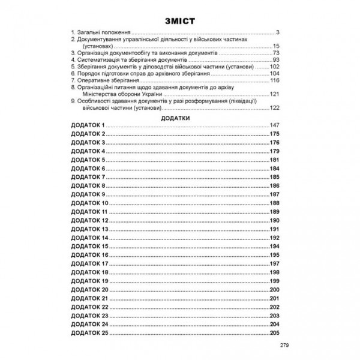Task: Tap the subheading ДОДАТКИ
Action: [179, 119]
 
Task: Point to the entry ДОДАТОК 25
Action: [89, 332]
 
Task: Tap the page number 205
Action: [275, 332]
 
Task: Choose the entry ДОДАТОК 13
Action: [89, 229]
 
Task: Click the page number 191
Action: [275, 229]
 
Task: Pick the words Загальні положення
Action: [106, 31]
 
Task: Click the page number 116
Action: [275, 80]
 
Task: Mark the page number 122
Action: [275, 107]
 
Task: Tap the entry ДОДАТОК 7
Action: [88, 178]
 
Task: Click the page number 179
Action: [275, 152]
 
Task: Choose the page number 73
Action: [277, 52]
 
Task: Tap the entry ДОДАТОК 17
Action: [89, 263]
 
